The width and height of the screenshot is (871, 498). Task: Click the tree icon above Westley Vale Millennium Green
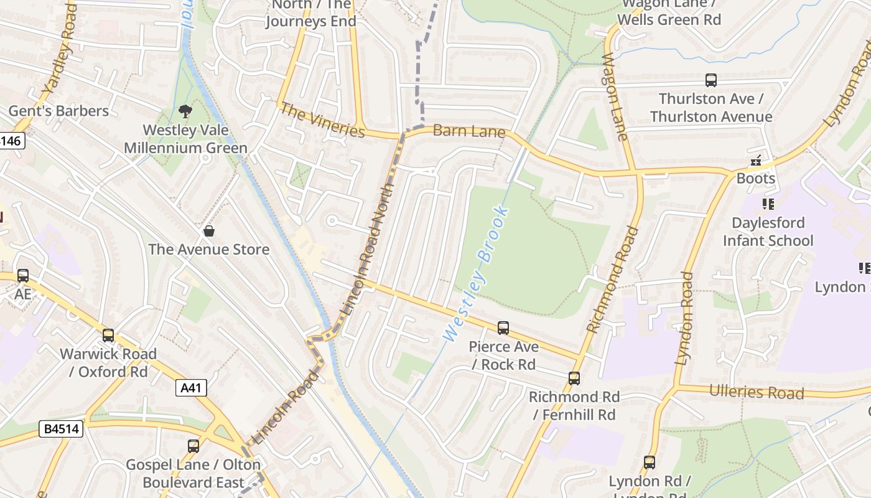point(185,111)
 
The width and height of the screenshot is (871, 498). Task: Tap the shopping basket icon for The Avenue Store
point(209,231)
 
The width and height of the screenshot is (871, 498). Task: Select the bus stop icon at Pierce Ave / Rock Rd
point(503,327)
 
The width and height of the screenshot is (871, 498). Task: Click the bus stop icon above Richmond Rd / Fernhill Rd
point(574,378)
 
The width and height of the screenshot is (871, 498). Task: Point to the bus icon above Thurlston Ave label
point(710,80)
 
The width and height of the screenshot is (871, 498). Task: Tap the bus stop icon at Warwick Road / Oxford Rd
point(108,336)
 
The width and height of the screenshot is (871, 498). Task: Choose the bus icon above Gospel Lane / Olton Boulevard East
point(193,446)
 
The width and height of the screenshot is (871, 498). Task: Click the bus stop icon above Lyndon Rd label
point(650,463)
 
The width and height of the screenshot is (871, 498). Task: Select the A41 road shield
point(190,388)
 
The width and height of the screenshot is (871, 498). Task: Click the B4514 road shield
point(62,429)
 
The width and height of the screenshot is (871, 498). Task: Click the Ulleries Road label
point(757,392)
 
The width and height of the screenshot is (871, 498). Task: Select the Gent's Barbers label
point(58,111)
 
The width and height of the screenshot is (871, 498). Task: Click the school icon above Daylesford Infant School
point(768,204)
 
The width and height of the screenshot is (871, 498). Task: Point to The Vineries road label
point(322,120)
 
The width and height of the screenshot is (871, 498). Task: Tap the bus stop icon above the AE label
point(23,275)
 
